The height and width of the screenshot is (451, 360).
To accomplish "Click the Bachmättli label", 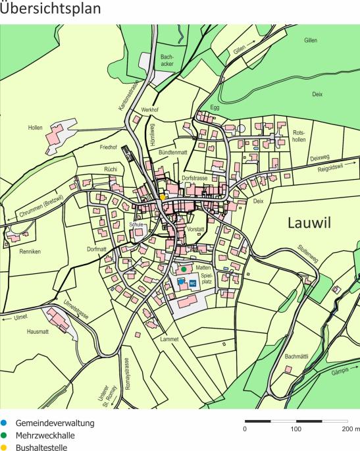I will pyautogui.click(x=297, y=356).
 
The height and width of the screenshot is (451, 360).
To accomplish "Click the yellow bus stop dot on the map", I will pyautogui.click(x=163, y=197).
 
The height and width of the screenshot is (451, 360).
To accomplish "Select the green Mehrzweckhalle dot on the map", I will pyautogui.click(x=184, y=269).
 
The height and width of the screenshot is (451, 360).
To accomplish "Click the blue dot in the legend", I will pyautogui.click(x=5, y=423).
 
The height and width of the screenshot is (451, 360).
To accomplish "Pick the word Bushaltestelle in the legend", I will pyautogui.click(x=42, y=446).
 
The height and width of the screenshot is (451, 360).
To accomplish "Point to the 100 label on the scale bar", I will pyautogui.click(x=296, y=429).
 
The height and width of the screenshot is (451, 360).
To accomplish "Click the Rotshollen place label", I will pyautogui.click(x=299, y=136).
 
